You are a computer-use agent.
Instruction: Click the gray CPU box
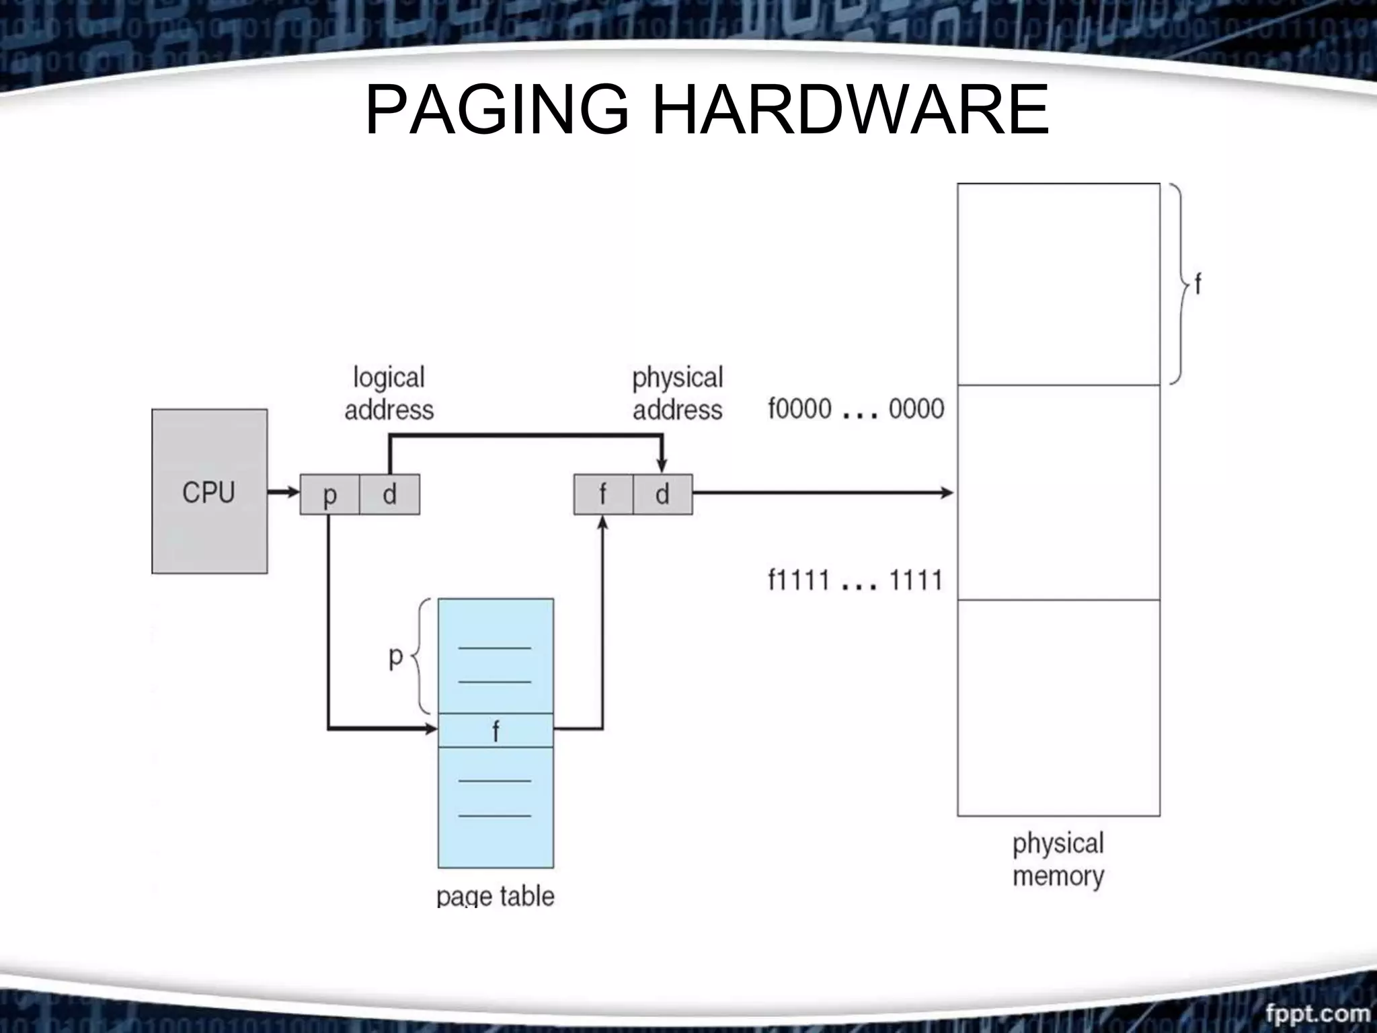tap(209, 491)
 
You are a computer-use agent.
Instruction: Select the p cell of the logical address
tap(329, 494)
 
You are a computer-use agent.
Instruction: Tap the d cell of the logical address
tap(389, 494)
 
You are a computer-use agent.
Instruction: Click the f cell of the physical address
tap(603, 494)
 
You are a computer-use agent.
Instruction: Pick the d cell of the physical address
tap(662, 494)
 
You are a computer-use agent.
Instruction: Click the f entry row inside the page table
tap(496, 730)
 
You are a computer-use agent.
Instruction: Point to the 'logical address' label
tap(389, 393)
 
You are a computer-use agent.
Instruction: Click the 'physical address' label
tap(677, 393)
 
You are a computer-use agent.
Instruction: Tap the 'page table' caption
tap(496, 896)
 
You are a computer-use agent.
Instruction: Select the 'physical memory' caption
tap(1058, 859)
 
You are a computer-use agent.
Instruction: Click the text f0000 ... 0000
tap(856, 409)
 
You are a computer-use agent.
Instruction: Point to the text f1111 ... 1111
tap(855, 580)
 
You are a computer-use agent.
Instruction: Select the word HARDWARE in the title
tap(851, 109)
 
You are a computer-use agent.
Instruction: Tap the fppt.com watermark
tap(1316, 1012)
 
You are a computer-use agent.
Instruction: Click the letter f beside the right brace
tap(1197, 285)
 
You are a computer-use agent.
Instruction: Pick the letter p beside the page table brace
tap(396, 656)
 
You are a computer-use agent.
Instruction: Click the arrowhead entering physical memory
tap(947, 493)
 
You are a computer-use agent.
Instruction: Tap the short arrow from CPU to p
tap(283, 492)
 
